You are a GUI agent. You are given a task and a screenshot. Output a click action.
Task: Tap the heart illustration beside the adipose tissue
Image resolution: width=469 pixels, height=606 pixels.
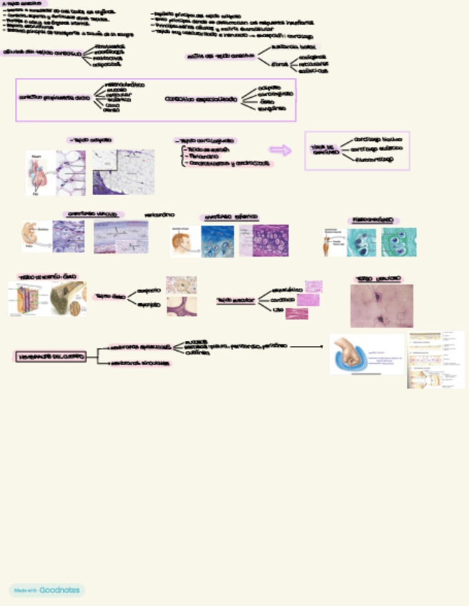[39, 172]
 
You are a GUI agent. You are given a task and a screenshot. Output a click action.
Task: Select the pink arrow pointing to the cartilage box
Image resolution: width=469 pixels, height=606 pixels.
[280, 150]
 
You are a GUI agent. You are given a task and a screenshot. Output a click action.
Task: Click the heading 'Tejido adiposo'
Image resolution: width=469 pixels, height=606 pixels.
[90, 141]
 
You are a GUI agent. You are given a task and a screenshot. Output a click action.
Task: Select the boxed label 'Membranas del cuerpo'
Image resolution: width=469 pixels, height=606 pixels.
[50, 355]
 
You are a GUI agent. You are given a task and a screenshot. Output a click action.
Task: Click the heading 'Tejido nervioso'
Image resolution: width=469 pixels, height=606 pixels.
[378, 279]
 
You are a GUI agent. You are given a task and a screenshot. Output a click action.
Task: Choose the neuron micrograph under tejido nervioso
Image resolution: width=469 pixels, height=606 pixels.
[381, 306]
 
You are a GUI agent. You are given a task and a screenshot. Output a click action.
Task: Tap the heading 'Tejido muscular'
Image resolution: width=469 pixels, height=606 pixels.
[236, 301]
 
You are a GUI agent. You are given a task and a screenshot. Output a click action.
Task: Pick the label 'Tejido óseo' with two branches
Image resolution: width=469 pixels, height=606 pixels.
[110, 296]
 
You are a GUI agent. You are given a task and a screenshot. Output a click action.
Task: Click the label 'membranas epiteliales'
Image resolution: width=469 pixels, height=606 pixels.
[139, 347]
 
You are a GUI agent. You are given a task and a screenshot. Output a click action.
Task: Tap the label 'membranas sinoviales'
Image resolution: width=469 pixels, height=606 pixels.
[139, 364]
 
